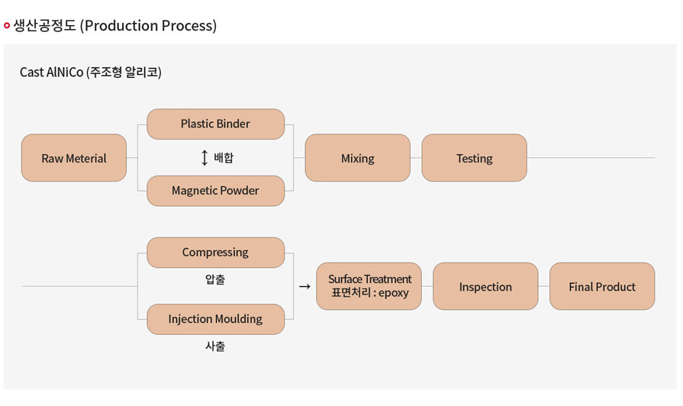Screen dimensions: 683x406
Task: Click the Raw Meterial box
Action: pos(73,158)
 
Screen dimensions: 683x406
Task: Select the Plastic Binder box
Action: pos(216,124)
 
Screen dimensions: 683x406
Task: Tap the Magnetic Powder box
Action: pos(216,191)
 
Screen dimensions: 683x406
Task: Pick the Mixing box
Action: pos(358,158)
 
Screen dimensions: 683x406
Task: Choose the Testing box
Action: pos(475,158)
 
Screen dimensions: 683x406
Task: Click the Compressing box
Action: pos(216,253)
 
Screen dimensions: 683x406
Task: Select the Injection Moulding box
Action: pos(216,319)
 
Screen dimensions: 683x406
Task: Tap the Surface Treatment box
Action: pos(369,286)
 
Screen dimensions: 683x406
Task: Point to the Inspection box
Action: pos(485,286)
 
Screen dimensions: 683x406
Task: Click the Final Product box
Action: pos(602,286)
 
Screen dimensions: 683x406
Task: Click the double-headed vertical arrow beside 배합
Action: pos(205,157)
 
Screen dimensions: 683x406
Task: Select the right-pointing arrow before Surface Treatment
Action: pos(305,287)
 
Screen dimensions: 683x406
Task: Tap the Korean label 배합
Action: pos(224,157)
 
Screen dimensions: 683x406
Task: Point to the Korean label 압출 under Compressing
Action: pos(215,279)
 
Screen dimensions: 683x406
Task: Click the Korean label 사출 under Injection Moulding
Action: pos(215,346)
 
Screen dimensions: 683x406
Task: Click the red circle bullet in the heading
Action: pos(7,26)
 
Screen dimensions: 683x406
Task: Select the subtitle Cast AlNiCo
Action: pos(51,72)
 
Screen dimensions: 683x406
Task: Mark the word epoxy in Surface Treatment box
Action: pos(393,293)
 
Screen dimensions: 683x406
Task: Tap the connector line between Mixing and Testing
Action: pos(416,158)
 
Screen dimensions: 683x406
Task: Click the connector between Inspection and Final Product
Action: pos(544,286)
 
